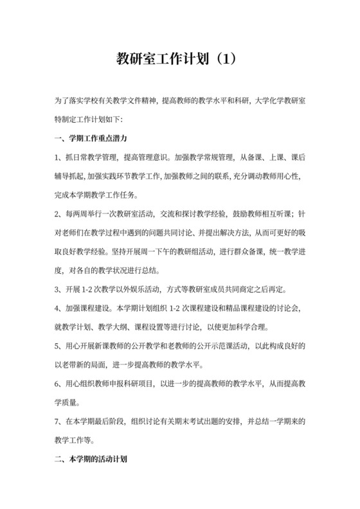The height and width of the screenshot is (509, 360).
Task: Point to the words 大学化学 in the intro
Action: [x=260, y=101]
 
